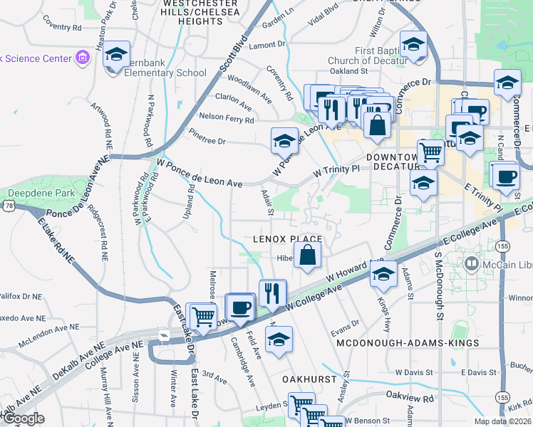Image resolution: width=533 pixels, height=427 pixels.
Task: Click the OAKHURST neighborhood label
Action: (x=309, y=379)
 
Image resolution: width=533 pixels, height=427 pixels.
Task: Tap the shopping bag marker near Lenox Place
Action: (x=307, y=255)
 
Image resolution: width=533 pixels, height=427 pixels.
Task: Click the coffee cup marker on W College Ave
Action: (x=241, y=307)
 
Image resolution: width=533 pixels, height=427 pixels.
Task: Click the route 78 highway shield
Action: (x=6, y=206)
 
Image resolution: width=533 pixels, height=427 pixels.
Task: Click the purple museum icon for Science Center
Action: (x=82, y=57)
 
